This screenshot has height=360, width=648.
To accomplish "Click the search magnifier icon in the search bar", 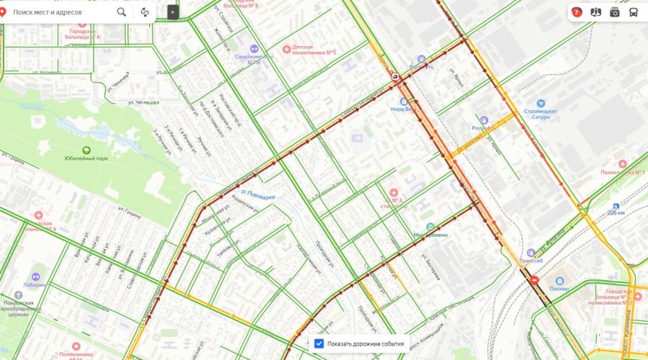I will coord(122,12).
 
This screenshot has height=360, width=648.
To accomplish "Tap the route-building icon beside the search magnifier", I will coord(145,12).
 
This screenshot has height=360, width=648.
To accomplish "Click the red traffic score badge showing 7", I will coord(577,12).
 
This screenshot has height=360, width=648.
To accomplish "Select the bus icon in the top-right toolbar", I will coord(633,12).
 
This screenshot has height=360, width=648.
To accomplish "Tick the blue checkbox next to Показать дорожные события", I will coord(320,343).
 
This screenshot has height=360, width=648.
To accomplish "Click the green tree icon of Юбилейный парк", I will coord(87,150).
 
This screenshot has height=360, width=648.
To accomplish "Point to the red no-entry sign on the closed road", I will coord(534,281).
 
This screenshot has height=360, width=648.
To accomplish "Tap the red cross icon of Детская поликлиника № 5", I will coord(287,48).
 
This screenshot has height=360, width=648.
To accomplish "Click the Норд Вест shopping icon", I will coord(404,102).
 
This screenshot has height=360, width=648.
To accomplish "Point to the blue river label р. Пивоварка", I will coord(258,194).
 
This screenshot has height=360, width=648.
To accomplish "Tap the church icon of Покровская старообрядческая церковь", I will coord(18,294).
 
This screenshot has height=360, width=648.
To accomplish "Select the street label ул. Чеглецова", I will coord(138,102).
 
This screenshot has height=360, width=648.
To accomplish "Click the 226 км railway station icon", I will coord(615,205).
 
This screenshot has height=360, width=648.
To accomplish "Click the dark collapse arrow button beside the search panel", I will coord(172,12).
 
